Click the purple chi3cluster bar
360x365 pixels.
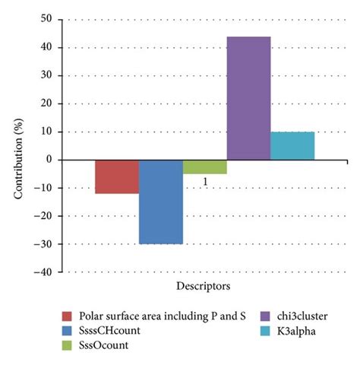point(248,98)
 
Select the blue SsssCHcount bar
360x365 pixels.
point(160,202)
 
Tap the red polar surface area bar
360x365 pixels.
point(116,176)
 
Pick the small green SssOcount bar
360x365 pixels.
point(204,167)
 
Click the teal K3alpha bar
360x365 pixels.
point(292,146)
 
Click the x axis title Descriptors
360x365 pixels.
point(205,287)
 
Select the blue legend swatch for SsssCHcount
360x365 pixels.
point(68,330)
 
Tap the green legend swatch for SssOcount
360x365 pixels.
point(68,344)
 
